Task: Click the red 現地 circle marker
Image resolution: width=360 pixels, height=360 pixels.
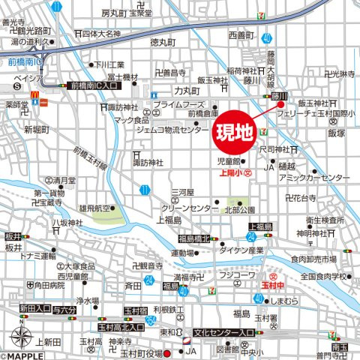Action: point(234,133)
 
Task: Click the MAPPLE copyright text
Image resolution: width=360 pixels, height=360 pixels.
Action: point(22,355)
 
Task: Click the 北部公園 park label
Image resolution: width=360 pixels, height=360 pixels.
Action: point(241,209)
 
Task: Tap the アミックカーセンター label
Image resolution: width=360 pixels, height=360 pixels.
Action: point(313,178)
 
